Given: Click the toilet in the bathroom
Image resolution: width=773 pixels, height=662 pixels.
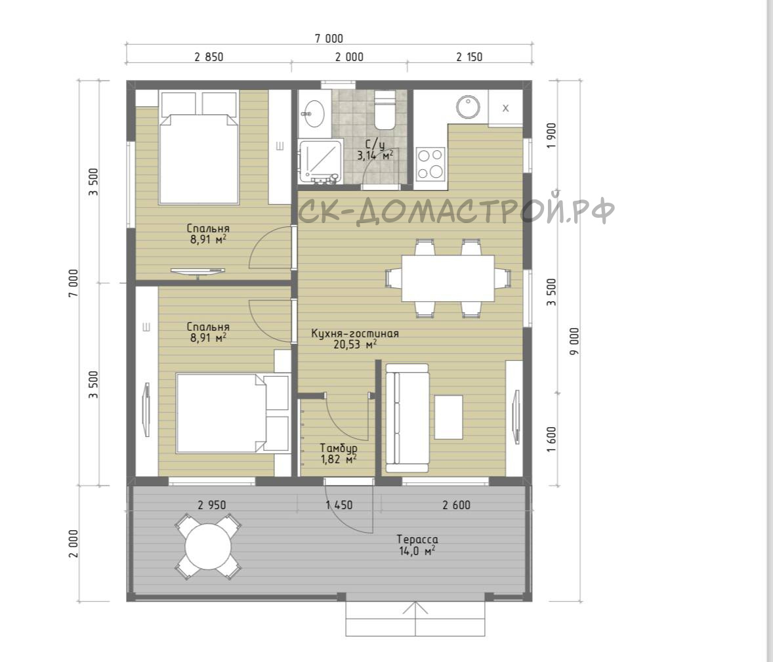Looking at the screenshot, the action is tap(385, 110).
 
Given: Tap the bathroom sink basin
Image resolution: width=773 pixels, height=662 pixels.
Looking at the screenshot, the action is tap(313, 113).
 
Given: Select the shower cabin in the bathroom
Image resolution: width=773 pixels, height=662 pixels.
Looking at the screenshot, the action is tap(320, 162).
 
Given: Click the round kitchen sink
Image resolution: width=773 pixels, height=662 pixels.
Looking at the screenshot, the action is tap(468, 108).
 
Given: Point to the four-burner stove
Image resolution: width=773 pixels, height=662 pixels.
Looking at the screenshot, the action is tap(430, 163).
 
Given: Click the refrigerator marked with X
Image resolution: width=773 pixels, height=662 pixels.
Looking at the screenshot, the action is tap(505, 108).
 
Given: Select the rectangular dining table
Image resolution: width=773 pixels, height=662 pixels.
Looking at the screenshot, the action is tap(448, 278).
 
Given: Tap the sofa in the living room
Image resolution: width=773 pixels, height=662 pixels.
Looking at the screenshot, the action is tap(407, 418).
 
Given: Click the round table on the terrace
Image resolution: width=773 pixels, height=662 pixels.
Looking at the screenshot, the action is tap(208, 547).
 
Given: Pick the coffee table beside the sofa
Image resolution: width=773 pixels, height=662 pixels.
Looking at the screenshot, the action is tap(448, 417).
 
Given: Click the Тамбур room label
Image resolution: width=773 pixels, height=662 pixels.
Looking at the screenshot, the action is tap(339, 448).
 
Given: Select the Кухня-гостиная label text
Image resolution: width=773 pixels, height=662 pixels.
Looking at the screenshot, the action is tap(355, 334).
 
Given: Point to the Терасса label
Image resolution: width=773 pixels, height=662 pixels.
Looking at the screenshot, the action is tap(417, 540).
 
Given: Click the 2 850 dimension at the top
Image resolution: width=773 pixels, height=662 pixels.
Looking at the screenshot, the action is tap(209, 57).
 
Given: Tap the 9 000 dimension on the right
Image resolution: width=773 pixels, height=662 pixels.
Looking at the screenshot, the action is tap(574, 341).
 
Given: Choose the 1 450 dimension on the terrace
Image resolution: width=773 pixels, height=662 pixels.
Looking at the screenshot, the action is tap(339, 505).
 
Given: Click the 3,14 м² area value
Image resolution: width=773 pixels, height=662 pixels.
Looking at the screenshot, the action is tap(375, 155).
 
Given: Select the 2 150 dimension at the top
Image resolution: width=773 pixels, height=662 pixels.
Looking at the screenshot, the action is tap(469, 57).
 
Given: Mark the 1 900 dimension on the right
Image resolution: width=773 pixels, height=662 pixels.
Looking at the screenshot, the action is tap(551, 136).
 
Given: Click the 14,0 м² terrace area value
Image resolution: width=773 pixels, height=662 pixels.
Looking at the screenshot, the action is tap(417, 551).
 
